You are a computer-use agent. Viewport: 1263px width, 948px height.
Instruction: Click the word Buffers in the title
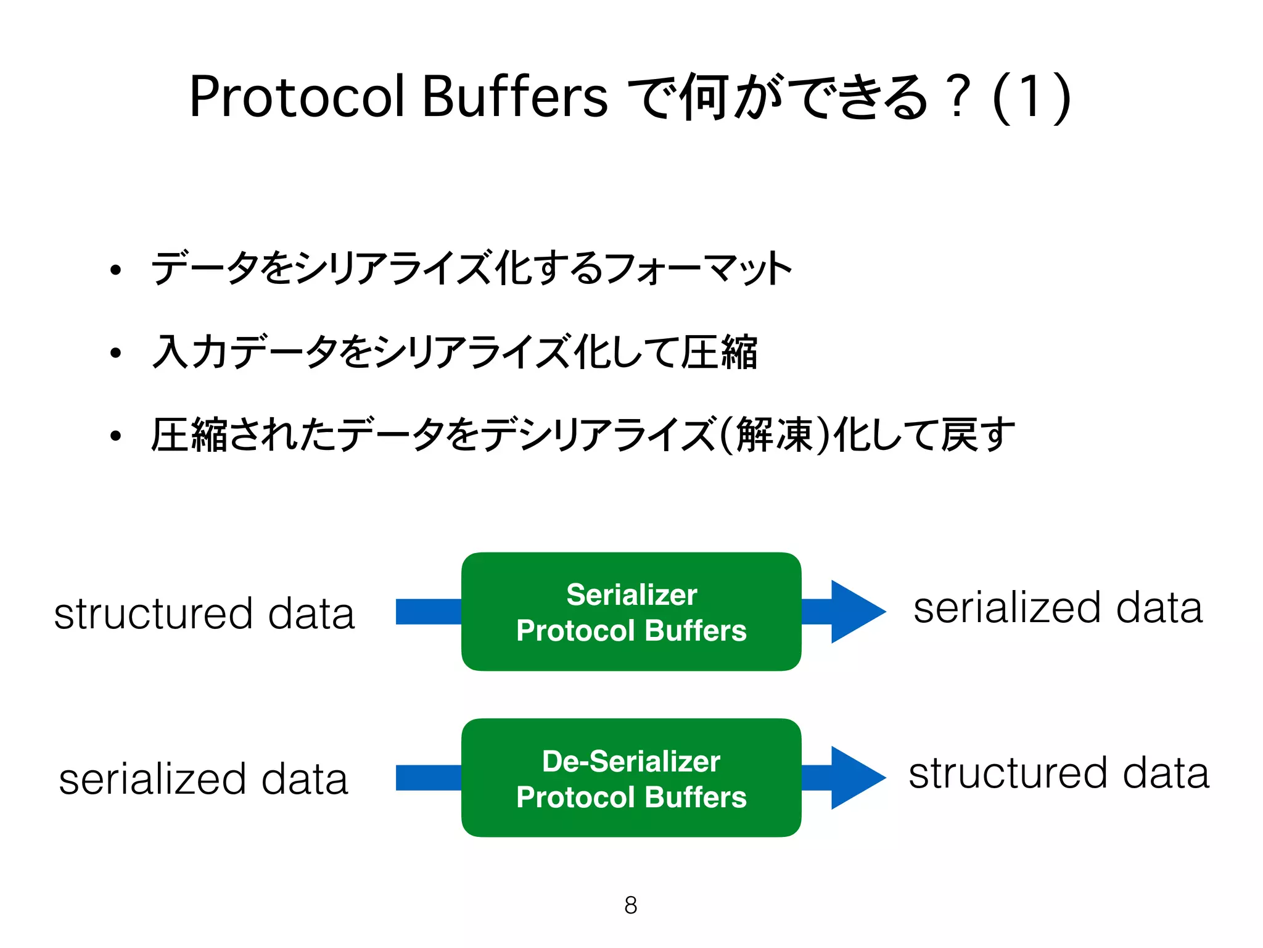[x=516, y=97]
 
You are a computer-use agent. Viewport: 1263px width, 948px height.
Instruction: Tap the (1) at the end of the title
[x=1031, y=97]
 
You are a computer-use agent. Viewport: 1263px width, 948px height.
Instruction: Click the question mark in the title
[x=958, y=97]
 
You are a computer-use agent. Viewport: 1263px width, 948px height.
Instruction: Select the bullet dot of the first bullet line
[x=115, y=270]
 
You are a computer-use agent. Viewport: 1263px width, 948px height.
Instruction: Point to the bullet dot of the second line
[x=115, y=353]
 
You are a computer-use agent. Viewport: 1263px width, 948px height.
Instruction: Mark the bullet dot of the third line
[x=115, y=436]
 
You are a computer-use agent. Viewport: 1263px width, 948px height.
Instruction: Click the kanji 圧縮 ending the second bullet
[x=719, y=352]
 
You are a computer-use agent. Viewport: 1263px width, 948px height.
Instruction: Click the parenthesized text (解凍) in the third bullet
[x=775, y=435]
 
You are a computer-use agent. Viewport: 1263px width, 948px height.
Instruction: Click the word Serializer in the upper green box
[x=631, y=595]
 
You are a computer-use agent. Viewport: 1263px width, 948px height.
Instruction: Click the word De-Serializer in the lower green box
[x=631, y=761]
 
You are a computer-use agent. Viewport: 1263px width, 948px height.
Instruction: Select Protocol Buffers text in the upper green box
[x=631, y=631]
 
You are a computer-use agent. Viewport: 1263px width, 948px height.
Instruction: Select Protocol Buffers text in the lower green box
[x=631, y=797]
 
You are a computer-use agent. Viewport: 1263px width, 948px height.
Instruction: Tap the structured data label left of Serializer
[x=204, y=613]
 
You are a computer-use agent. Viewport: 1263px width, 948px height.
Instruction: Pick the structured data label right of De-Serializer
[x=1058, y=773]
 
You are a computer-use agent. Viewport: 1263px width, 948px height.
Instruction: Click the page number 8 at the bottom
[x=630, y=905]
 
